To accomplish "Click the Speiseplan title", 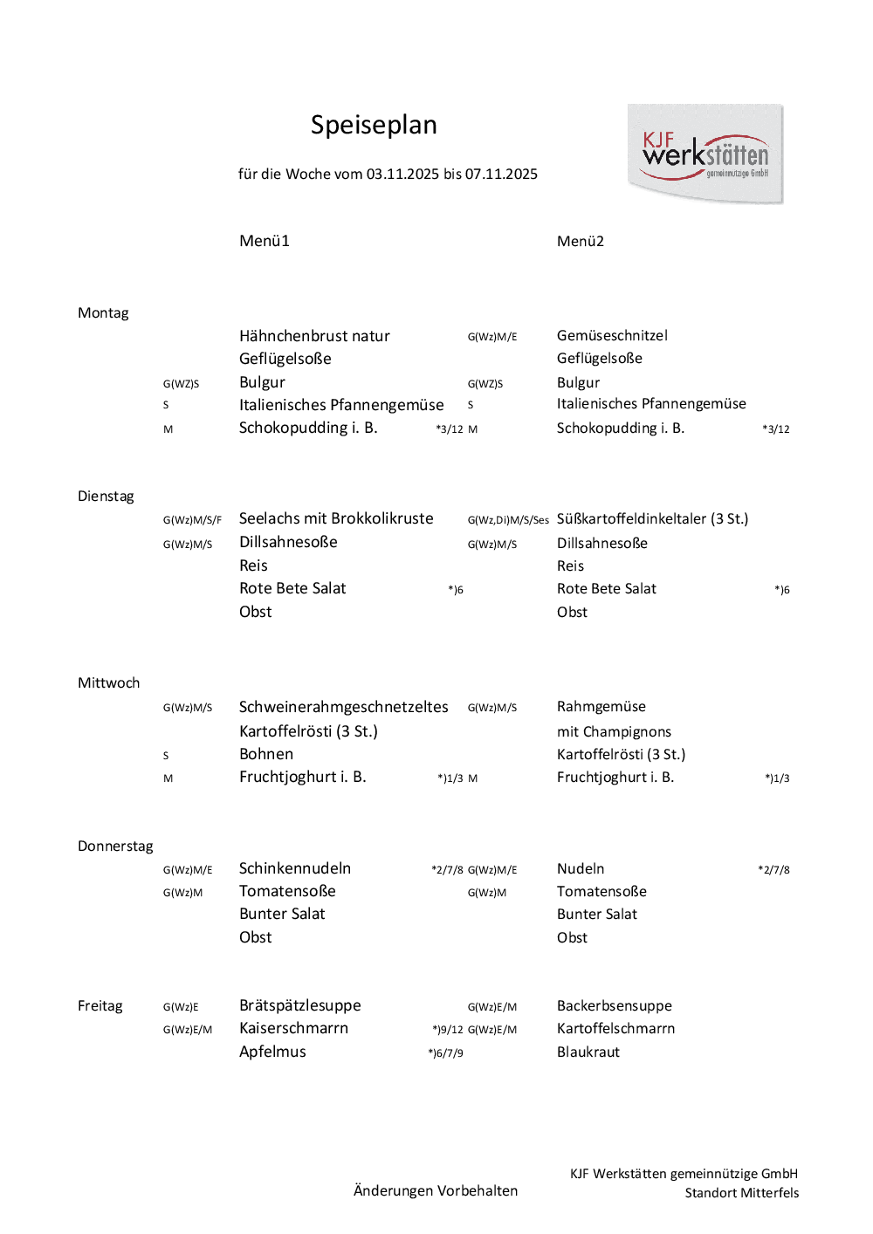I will (x=374, y=125).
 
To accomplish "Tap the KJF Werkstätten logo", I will (x=705, y=154).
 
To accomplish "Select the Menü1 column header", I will (x=265, y=241).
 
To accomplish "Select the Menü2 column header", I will (x=581, y=241).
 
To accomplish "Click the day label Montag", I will (x=103, y=312).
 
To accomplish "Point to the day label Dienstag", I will (x=106, y=496).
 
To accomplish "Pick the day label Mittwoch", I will (x=108, y=682).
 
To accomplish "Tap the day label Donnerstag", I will (x=115, y=846).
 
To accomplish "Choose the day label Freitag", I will (x=100, y=1005).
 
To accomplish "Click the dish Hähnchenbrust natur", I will (x=314, y=336).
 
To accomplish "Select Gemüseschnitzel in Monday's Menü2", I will (x=612, y=335).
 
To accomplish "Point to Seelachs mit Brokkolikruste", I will (x=336, y=518).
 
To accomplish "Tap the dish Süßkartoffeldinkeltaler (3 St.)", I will (x=652, y=518).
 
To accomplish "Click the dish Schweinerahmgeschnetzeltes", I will (x=343, y=707).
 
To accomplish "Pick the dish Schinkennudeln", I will (x=295, y=868).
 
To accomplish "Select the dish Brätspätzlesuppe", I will (x=299, y=1005).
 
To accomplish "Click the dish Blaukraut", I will (x=588, y=1052).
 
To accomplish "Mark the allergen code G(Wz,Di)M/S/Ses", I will (x=508, y=520).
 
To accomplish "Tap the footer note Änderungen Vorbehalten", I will (x=436, y=1190).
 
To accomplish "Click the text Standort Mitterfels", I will (x=741, y=1193).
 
